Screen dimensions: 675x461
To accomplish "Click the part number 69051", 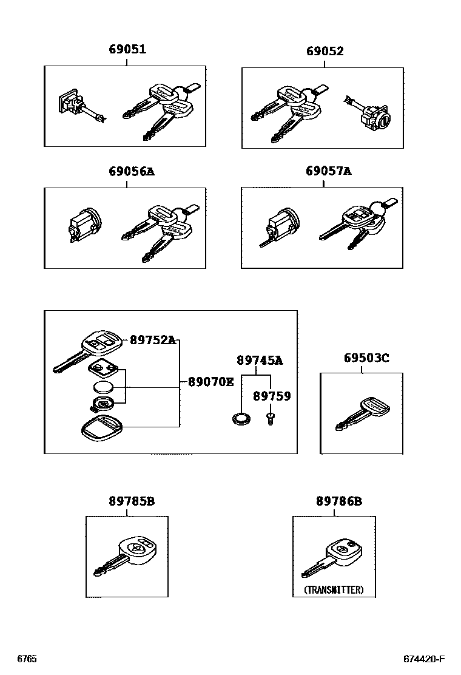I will pyautogui.click(x=127, y=50).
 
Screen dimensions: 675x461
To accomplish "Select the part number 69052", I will pyautogui.click(x=325, y=51).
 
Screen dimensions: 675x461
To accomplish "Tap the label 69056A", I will pyautogui.click(x=131, y=172).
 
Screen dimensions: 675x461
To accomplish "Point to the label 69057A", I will pyautogui.click(x=328, y=172).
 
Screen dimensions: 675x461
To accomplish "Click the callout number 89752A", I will pyautogui.click(x=152, y=341).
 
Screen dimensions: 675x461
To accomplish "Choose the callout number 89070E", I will pyautogui.click(x=210, y=382).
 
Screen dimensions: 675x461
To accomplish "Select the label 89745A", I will pyautogui.click(x=260, y=361).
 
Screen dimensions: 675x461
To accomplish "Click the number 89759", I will pyautogui.click(x=272, y=396).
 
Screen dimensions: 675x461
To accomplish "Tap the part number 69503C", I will pyautogui.click(x=366, y=358).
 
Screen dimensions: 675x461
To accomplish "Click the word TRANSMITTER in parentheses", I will pyautogui.click(x=334, y=589).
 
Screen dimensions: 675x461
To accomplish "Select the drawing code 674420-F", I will pyautogui.click(x=425, y=659).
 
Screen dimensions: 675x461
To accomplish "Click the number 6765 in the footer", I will pyautogui.click(x=27, y=659).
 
